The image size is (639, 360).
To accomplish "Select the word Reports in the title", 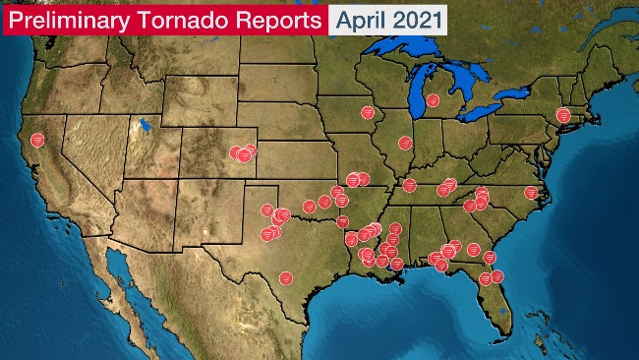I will [279, 19].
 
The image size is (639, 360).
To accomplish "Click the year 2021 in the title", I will [417, 19].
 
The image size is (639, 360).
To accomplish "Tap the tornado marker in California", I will [37, 140].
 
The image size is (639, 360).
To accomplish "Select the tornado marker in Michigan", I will [433, 99].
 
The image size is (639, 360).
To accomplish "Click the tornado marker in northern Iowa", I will [368, 112].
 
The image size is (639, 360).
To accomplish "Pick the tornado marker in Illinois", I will [404, 143].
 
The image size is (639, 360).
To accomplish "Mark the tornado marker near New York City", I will [563, 115].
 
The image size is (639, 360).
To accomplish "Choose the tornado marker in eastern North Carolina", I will [531, 192].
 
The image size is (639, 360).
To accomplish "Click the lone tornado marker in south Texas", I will [285, 277].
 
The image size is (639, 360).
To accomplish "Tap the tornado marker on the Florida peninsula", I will [485, 278].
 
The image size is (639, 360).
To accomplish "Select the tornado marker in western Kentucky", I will [410, 185].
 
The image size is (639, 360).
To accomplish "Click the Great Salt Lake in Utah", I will [145, 126].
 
